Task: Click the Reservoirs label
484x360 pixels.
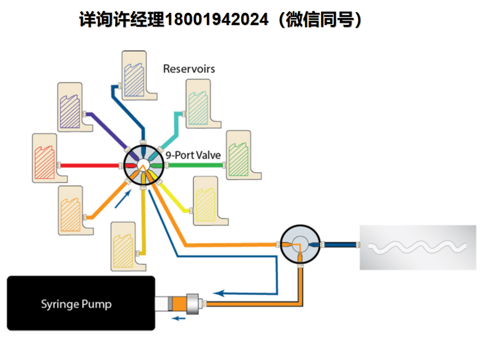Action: point(189,69)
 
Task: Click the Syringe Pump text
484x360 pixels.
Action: point(76,304)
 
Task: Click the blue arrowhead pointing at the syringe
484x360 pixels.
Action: point(220,293)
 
